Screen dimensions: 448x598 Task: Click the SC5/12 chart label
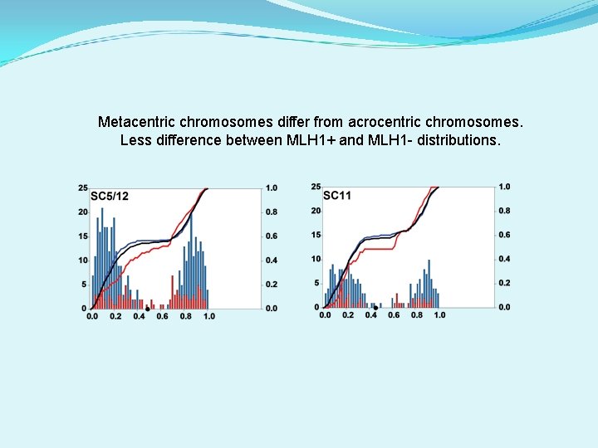110,196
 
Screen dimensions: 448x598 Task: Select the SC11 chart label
336,196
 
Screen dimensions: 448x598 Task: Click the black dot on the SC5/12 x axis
147,309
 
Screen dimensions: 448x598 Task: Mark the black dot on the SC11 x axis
375,308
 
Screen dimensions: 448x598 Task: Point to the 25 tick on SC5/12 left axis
83,187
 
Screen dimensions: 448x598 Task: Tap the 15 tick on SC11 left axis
316,235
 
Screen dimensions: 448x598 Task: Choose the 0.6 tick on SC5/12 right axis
272,236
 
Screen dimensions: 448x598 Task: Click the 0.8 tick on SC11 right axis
504,211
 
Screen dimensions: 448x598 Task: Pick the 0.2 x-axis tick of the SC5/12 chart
115,317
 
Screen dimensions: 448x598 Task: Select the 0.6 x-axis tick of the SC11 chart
394,315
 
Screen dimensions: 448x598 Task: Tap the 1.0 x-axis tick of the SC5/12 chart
209,317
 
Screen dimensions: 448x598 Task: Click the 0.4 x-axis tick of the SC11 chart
370,315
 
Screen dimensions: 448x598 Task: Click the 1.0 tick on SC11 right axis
504,187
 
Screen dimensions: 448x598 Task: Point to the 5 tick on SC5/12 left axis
84,285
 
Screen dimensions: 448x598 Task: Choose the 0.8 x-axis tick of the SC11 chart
417,315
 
